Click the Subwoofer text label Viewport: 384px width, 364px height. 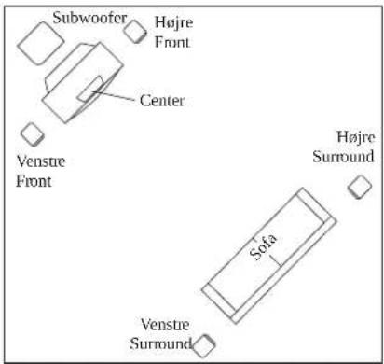[x=89, y=18]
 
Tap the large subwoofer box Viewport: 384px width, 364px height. [x=41, y=43]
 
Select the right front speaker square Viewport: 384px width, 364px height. [x=135, y=32]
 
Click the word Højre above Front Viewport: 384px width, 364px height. [x=174, y=22]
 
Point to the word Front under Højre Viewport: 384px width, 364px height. [x=172, y=42]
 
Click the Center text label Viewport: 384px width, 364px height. [x=162, y=101]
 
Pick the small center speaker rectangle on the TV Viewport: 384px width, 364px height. [x=90, y=89]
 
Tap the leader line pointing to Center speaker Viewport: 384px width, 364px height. [x=114, y=95]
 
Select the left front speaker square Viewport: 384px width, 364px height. [x=33, y=134]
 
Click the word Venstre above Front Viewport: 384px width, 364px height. [x=41, y=161]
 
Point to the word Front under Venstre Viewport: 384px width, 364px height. [x=34, y=181]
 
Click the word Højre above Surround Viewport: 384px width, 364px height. [x=356, y=137]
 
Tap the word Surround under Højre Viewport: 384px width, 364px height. [x=343, y=156]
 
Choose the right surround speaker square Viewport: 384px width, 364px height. [x=360, y=187]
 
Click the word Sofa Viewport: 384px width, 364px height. [x=263, y=246]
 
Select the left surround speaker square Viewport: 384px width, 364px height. [x=203, y=346]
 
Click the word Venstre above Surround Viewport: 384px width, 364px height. [x=165, y=325]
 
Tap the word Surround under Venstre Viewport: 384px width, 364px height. [x=160, y=343]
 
